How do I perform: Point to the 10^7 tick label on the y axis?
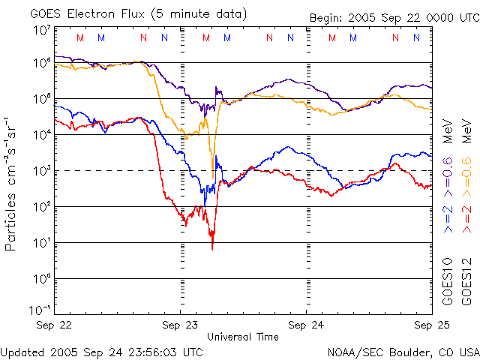pyautogui.click(x=42, y=30)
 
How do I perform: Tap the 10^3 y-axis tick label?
pyautogui.click(x=42, y=171)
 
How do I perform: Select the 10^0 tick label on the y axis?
pyautogui.click(x=42, y=279)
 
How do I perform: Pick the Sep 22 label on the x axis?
pyautogui.click(x=54, y=325)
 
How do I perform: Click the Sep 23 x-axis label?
pyautogui.click(x=180, y=325)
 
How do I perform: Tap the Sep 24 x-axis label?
pyautogui.click(x=306, y=325)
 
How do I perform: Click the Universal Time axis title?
pyautogui.click(x=243, y=337)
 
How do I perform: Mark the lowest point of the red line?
pyautogui.click(x=212, y=248)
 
